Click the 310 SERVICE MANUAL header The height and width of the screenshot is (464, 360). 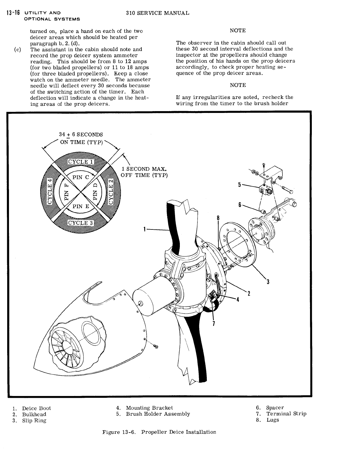point(157,13)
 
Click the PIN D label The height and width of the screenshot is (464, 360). point(95,192)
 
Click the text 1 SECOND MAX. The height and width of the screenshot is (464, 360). point(144,169)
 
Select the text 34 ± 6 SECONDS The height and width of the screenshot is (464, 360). point(81,134)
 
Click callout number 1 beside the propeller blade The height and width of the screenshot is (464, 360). point(145,229)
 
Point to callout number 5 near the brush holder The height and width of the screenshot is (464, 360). point(239,185)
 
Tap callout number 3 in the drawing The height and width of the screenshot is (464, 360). point(268,282)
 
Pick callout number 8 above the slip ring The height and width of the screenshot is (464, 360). point(218,218)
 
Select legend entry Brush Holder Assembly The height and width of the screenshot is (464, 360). point(158,414)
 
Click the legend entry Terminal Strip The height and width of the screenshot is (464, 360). point(286,414)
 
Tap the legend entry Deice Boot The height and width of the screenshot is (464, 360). point(36,408)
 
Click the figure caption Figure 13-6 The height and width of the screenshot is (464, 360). point(159,432)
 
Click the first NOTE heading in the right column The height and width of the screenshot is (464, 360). point(238,31)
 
